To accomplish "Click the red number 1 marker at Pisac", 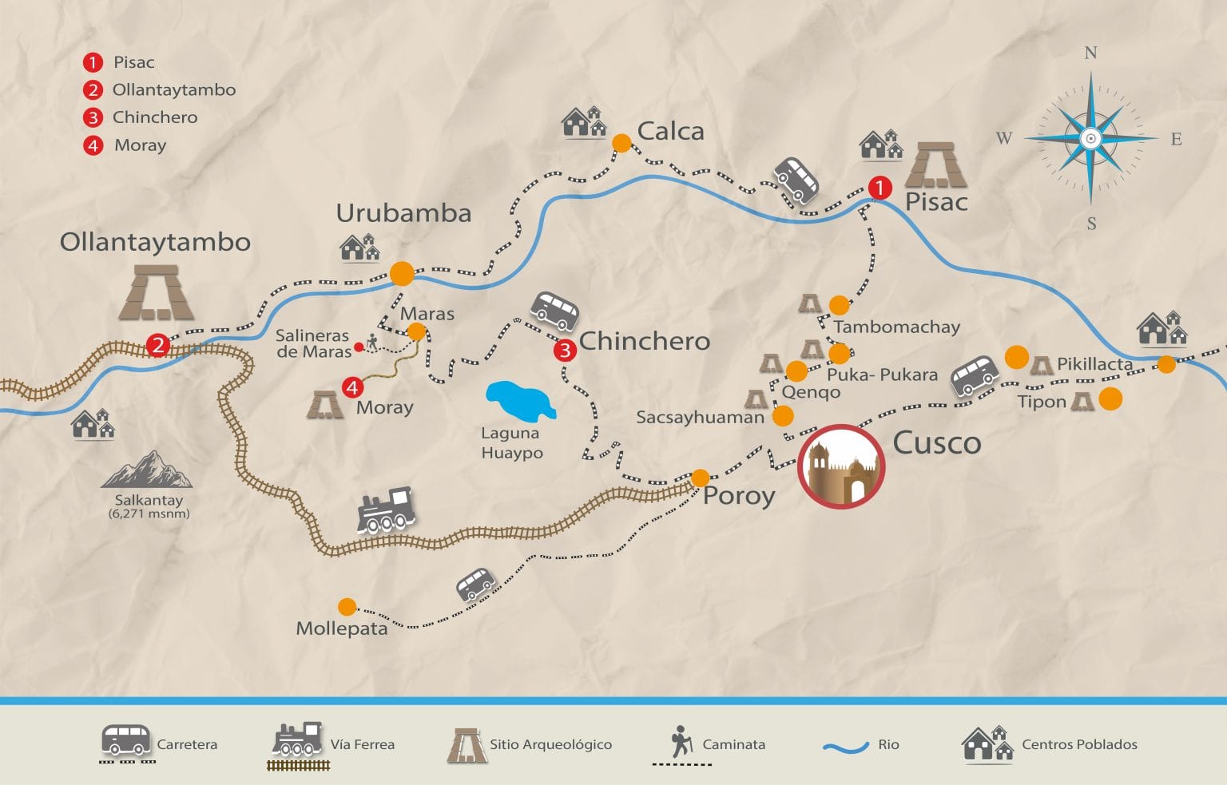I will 880,188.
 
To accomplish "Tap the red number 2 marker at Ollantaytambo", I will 158,346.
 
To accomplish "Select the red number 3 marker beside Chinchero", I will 565,350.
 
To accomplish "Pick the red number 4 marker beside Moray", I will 352,387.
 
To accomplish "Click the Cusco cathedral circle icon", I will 841,467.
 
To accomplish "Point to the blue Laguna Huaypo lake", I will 519,402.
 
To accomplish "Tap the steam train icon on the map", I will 387,510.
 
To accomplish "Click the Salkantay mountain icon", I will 148,470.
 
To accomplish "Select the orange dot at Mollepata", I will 347,607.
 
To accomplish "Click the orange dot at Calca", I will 621,143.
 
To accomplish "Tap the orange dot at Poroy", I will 700,478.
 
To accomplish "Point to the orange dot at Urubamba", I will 402,273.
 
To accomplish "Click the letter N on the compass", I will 1090,54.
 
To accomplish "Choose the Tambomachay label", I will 896,327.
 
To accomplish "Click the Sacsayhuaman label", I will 700,417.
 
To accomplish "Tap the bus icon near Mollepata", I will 475,584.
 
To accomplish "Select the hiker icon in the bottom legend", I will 681,741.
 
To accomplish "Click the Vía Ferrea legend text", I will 362,744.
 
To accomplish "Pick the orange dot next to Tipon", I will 1110,398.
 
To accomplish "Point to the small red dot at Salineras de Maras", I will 359,347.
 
